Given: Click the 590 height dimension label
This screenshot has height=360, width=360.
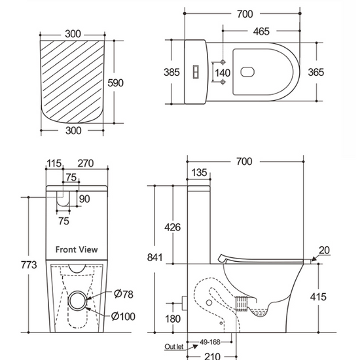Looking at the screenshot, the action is [115, 83].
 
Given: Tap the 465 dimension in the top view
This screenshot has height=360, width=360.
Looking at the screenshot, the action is [261, 31].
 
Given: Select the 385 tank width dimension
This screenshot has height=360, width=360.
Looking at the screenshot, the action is [171, 72].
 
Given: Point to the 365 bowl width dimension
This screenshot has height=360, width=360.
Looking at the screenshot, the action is [316, 72].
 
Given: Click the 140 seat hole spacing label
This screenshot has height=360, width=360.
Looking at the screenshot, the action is [223, 73].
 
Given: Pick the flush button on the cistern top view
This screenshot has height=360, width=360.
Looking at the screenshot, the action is [196, 71].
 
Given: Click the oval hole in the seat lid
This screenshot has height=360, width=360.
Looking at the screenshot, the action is [247, 72].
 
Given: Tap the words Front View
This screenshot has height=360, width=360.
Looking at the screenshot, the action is [77, 249].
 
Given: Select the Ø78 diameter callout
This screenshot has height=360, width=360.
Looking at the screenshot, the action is [123, 294].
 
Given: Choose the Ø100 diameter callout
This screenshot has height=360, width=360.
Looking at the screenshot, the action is [123, 316].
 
